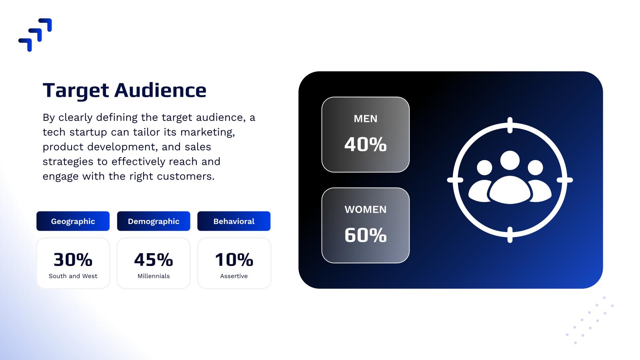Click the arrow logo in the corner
coord(35,35)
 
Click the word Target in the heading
coord(76,91)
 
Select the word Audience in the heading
coord(160,90)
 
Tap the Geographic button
coord(73,221)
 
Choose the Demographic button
coord(154,221)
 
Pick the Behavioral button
coord(234,221)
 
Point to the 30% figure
coord(73,260)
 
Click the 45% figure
coord(154,260)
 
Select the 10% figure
coord(234,260)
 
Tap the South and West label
coord(73,276)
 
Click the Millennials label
coord(154,276)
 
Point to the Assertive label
coord(234,276)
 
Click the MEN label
coord(366,118)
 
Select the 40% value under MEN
coord(366,144)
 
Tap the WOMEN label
coord(366,210)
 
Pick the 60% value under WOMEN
coord(366,235)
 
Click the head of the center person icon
coord(510,160)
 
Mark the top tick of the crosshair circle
coord(510,125)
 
